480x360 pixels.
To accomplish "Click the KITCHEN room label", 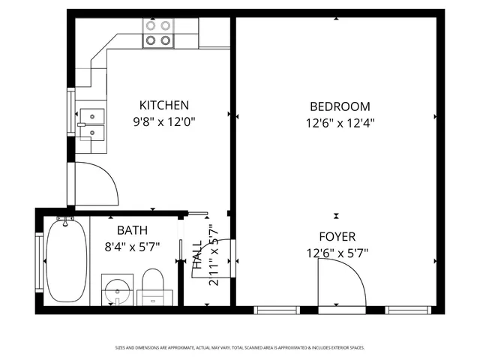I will coord(163,106).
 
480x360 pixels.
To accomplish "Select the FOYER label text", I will coord(337,236).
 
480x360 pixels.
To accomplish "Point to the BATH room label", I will coord(131,230).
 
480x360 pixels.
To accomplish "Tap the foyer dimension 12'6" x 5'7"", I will coord(337,253).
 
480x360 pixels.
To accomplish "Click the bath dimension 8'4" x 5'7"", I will coord(131,246).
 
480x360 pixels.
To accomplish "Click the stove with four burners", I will coord(159,33).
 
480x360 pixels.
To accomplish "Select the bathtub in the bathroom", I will coord(65,260).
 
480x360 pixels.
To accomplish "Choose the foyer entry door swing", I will coord(339,285).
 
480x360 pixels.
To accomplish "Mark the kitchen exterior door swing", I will coord(95,182).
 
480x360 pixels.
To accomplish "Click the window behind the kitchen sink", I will coord(71,112).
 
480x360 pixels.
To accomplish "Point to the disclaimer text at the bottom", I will coord(240,348).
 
